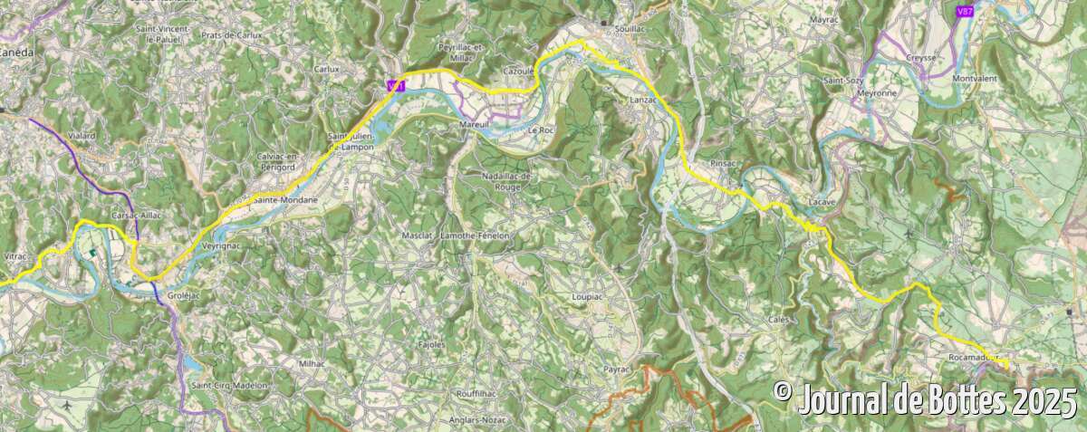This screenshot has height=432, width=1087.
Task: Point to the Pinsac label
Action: [726, 163]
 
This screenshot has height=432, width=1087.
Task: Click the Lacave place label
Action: [822, 201]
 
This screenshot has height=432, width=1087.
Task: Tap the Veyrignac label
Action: [221, 246]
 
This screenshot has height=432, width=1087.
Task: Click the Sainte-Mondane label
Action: [285, 199]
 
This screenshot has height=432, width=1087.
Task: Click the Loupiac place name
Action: [588, 296]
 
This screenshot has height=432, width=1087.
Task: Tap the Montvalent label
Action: [975, 79]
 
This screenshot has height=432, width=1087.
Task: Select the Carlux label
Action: [326, 69]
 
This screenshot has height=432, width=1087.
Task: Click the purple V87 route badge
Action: [966, 11]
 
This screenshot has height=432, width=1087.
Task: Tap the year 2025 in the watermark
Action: [1044, 399]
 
